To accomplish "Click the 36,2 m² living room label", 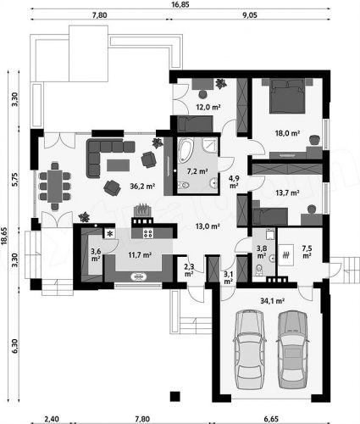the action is (x=142, y=186).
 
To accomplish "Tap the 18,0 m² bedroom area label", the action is (x=287, y=133).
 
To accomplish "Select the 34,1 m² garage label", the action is (x=272, y=301).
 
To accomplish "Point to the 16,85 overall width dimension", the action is (x=180, y=4).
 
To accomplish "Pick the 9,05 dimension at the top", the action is (x=250, y=15).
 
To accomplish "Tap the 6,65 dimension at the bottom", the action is (x=271, y=419).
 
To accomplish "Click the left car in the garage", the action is (x=249, y=349).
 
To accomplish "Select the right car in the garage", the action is (x=293, y=349).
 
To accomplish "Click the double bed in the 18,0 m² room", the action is (x=287, y=96).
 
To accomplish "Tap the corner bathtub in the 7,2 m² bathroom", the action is (x=186, y=150).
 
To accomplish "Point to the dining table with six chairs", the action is (x=55, y=186).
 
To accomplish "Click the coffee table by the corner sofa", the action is (x=119, y=165).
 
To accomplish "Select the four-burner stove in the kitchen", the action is (x=148, y=233).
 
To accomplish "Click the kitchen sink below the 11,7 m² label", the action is (x=138, y=276).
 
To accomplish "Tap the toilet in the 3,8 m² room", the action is (x=258, y=270).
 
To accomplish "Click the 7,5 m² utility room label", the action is (x=307, y=252).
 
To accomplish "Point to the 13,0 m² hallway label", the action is (x=208, y=226).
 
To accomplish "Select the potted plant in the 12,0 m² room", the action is (x=220, y=83).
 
